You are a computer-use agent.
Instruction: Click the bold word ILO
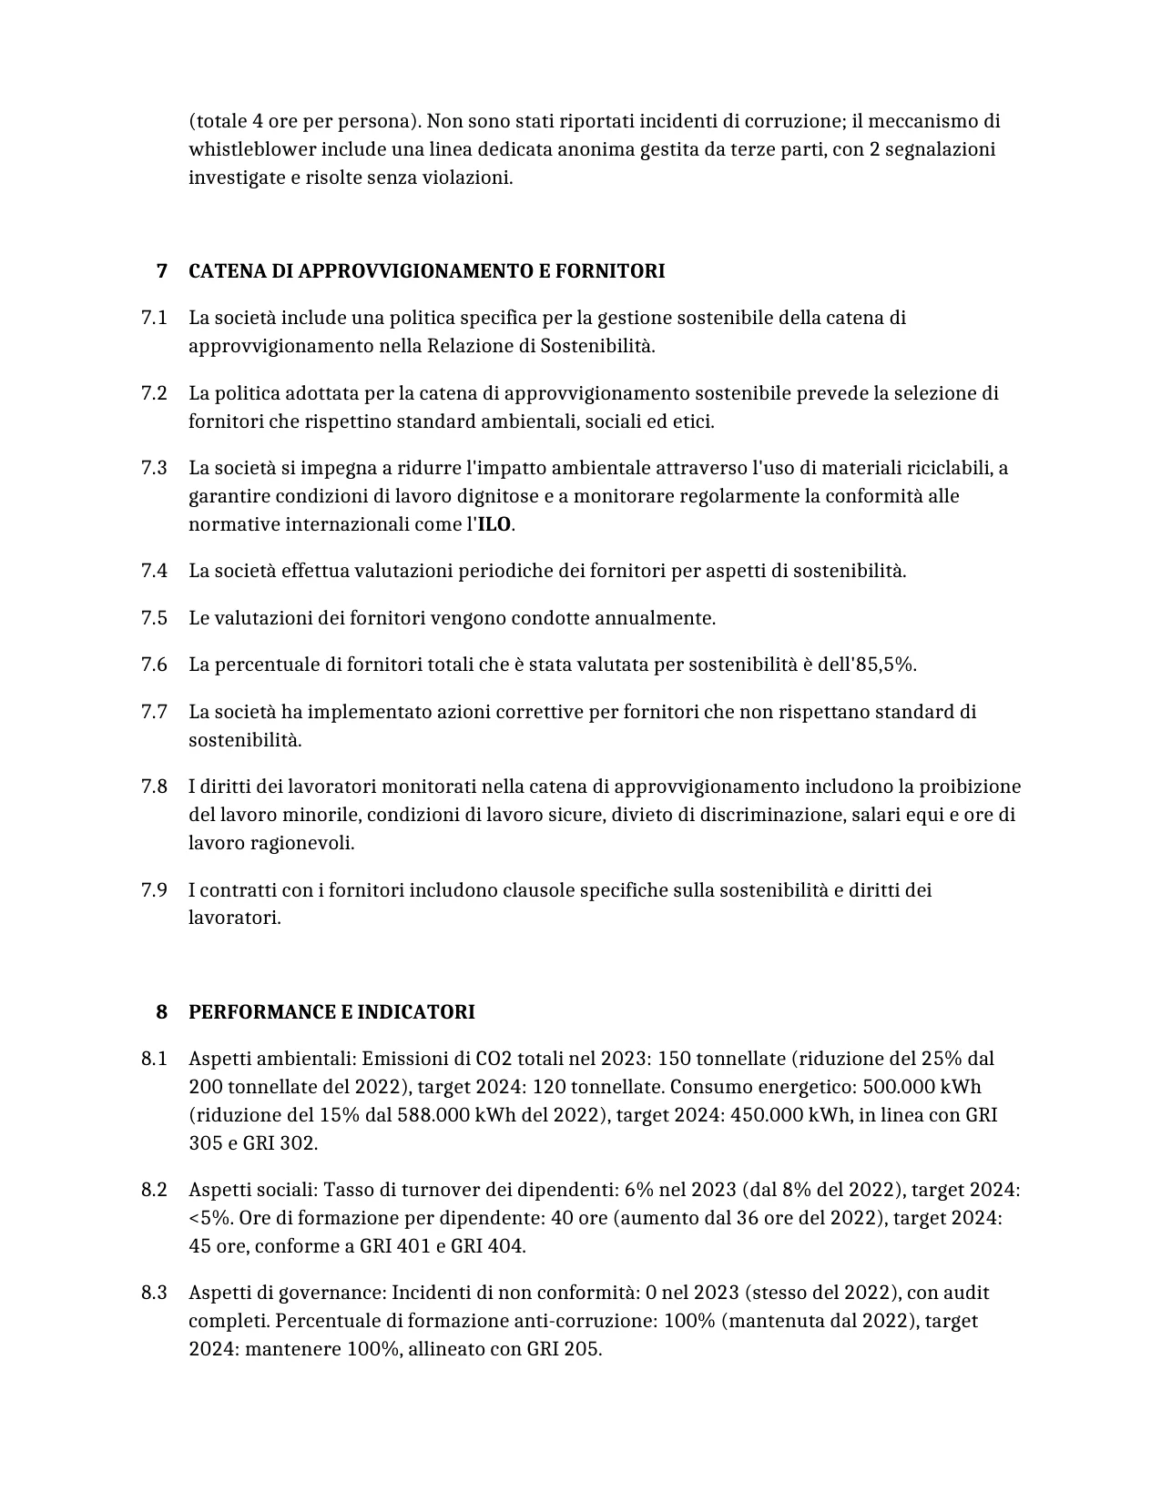tap(494, 525)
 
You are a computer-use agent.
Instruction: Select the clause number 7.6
tap(154, 665)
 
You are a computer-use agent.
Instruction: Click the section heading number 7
tap(162, 271)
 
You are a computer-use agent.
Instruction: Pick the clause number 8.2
tap(154, 1190)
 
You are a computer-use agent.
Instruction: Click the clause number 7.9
tap(154, 889)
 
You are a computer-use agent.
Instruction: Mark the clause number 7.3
tap(154, 468)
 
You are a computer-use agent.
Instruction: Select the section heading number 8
tap(162, 1012)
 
